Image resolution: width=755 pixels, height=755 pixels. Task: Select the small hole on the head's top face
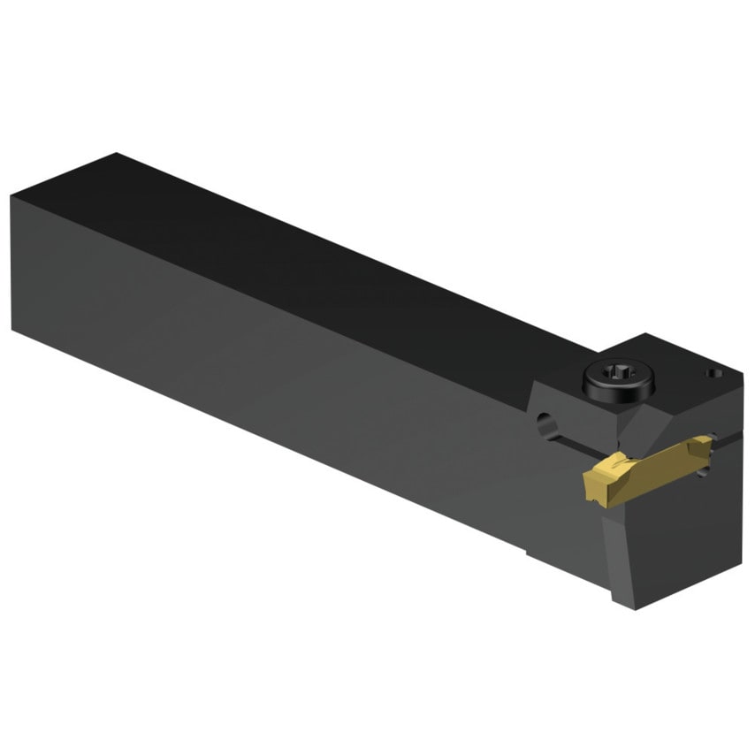(x=709, y=374)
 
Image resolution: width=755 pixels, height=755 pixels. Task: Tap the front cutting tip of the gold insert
(x=591, y=484)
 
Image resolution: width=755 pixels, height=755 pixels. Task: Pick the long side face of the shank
(x=265, y=371)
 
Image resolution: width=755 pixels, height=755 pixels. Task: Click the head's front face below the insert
(x=672, y=548)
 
